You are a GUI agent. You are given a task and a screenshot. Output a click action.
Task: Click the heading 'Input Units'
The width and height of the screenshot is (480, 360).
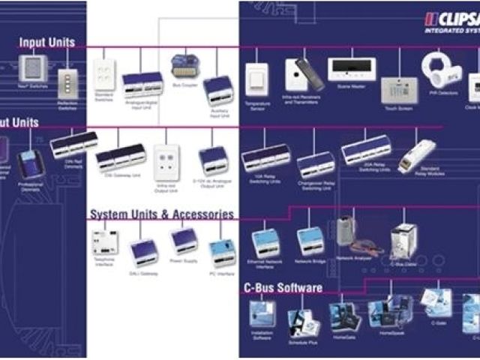pyautogui.click(x=46, y=43)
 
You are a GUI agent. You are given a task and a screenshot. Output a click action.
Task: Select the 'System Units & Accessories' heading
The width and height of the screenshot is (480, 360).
pyautogui.click(x=162, y=214)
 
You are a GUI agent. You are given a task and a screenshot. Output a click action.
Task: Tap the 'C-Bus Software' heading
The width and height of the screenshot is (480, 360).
pyautogui.click(x=283, y=287)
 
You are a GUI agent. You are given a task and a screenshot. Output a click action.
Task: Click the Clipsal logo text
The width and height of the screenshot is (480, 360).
pyautogui.click(x=453, y=19)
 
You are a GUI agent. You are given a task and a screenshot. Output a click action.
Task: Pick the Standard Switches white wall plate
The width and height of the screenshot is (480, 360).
pyautogui.click(x=104, y=75)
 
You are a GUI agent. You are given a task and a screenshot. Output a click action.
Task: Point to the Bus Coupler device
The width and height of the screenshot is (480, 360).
pyautogui.click(x=181, y=66)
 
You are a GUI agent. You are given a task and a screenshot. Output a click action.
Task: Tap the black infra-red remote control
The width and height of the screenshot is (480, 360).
pyautogui.click(x=309, y=74)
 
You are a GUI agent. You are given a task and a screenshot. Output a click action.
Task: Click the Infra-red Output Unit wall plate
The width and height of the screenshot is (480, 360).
pyautogui.click(x=166, y=162)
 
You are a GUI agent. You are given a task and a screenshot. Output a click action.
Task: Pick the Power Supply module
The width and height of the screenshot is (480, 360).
pyautogui.click(x=184, y=241)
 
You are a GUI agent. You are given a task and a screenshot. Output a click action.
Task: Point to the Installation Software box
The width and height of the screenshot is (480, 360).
pyautogui.click(x=262, y=313)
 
